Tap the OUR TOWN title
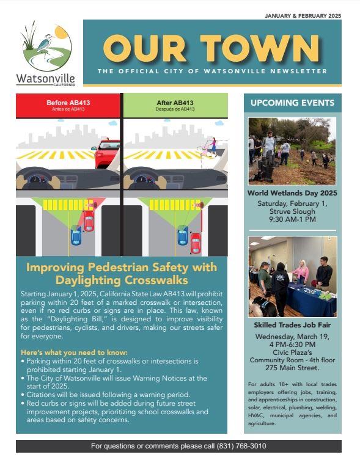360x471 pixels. pos(211,48)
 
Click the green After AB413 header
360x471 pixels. pos(175,105)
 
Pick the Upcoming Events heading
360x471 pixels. pos(292,103)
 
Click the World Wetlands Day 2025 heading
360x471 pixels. pos(292,193)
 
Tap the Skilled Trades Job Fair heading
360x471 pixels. pos(292,324)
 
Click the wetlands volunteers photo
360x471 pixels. pos(292,151)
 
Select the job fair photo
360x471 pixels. pos(292,276)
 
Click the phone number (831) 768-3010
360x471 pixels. pos(241,446)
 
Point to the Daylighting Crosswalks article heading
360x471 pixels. pos(122,274)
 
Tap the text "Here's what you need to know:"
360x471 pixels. pos(73,353)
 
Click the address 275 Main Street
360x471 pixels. pos(292,368)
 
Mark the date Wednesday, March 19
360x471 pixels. pos(292,336)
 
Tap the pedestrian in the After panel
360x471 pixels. pos(213,146)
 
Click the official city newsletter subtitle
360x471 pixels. pos(211,71)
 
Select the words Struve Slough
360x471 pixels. pos(292,211)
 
